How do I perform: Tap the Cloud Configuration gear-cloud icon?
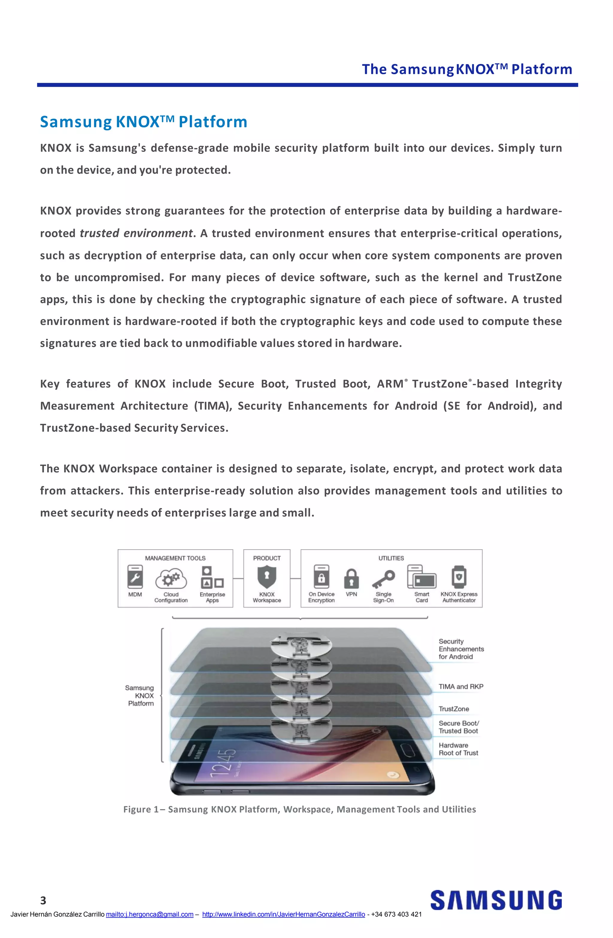pyautogui.click(x=171, y=579)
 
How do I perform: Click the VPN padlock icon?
pyautogui.click(x=351, y=578)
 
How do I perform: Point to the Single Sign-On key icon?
pyautogui.click(x=383, y=579)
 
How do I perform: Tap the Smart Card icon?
pyautogui.click(x=421, y=577)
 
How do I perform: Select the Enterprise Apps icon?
pyautogui.click(x=212, y=577)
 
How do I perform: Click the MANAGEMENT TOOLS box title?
pyautogui.click(x=175, y=558)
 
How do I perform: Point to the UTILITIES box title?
pyautogui.click(x=391, y=558)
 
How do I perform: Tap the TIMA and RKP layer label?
pyautogui.click(x=461, y=687)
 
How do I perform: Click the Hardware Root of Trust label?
pyautogui.click(x=458, y=749)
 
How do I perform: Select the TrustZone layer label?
pyautogui.click(x=454, y=709)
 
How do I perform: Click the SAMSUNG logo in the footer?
pyautogui.click(x=496, y=900)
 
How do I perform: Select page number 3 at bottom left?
pyautogui.click(x=43, y=900)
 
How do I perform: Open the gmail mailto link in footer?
pyautogui.click(x=149, y=914)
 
